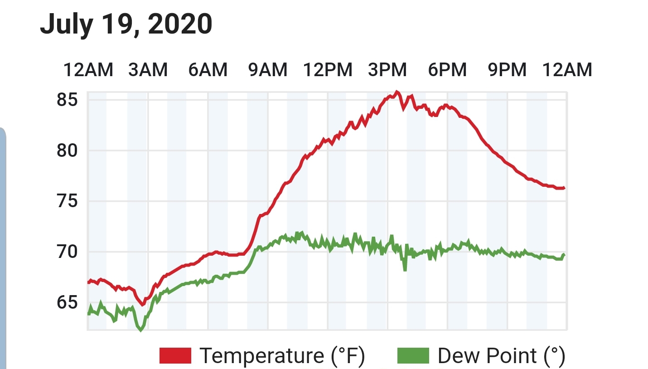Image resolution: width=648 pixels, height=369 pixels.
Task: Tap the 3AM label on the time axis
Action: [148, 70]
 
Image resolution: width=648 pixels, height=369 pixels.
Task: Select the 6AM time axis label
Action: [208, 70]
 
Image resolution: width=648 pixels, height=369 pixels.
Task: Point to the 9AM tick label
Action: [268, 70]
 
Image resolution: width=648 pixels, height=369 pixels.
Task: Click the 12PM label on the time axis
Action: [328, 70]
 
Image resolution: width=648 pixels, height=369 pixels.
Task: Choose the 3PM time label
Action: [387, 70]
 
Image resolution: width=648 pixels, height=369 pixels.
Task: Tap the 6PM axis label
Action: [447, 70]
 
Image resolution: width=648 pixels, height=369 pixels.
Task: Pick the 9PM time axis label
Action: [507, 70]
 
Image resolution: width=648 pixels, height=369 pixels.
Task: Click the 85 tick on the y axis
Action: [67, 100]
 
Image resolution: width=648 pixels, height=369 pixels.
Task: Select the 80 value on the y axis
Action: [67, 151]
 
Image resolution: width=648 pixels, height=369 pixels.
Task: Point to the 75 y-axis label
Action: [67, 201]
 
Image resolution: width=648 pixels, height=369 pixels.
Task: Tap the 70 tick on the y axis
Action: [67, 252]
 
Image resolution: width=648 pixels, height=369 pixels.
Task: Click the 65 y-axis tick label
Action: [67, 302]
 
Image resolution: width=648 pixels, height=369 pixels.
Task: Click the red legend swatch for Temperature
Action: [175, 355]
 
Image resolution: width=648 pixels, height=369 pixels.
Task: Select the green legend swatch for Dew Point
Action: [413, 355]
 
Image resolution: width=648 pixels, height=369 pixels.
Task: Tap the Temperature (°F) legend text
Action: [282, 356]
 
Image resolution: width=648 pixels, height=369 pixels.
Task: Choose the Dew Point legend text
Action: [501, 356]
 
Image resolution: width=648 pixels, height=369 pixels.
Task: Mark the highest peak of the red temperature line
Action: [397, 92]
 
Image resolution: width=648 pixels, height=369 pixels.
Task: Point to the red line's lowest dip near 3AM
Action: [142, 305]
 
